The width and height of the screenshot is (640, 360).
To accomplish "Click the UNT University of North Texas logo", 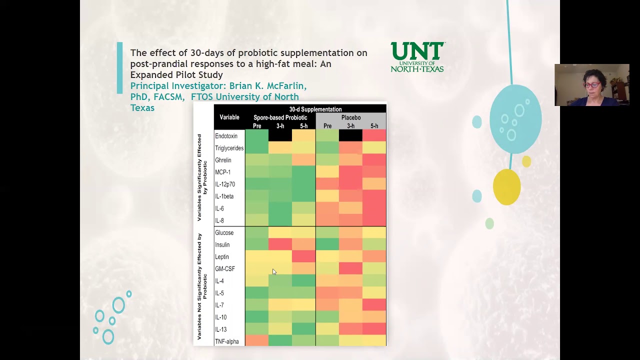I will pyautogui.click(x=417, y=57).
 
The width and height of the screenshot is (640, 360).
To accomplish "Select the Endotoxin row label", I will pyautogui.click(x=226, y=136).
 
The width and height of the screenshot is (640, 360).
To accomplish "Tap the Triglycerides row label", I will pyautogui.click(x=229, y=148).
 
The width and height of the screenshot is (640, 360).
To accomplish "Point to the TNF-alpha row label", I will pyautogui.click(x=226, y=341).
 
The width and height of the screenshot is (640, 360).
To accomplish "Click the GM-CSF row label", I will pyautogui.click(x=224, y=269).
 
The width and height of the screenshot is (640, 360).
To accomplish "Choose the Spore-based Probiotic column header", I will pyautogui.click(x=280, y=117).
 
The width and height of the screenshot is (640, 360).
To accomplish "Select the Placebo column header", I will pyautogui.click(x=350, y=117).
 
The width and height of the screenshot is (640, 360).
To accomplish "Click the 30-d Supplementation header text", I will pyautogui.click(x=315, y=109).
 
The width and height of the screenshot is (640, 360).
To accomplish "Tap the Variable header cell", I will pyautogui.click(x=229, y=117).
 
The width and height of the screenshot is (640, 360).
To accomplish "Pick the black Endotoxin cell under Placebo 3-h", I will pyautogui.click(x=350, y=135).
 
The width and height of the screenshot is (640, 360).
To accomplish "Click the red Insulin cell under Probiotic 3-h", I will pyautogui.click(x=280, y=244).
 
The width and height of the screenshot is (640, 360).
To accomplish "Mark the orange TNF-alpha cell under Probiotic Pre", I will pyautogui.click(x=256, y=341).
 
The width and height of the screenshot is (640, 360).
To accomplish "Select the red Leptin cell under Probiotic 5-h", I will pyautogui.click(x=303, y=256).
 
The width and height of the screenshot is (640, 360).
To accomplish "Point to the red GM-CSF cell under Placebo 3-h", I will pyautogui.click(x=350, y=268).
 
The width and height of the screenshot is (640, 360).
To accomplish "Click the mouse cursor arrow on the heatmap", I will pyautogui.click(x=274, y=271).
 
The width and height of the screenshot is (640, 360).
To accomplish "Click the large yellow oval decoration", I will pyautogui.click(x=506, y=187).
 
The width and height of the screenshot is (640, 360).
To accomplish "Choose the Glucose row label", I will pyautogui.click(x=224, y=232).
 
